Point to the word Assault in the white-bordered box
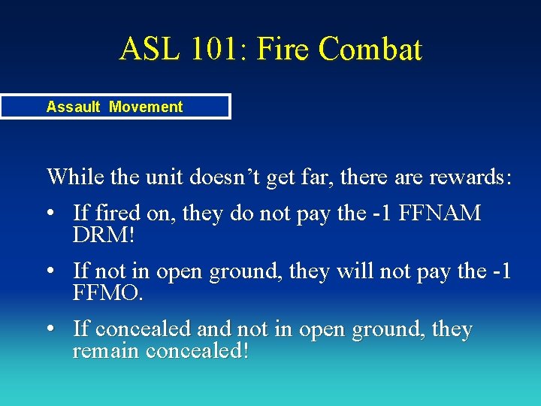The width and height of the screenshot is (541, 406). [x=73, y=107]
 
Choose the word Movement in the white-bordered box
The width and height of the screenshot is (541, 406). [x=146, y=107]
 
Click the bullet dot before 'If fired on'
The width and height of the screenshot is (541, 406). [x=50, y=214]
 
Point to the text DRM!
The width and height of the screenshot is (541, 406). [x=104, y=235]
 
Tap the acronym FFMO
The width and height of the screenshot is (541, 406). [x=107, y=292]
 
